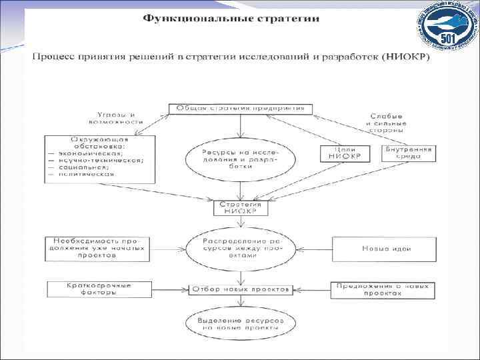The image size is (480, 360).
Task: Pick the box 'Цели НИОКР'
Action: coord(343,153)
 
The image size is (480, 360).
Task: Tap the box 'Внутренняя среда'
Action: coord(407,153)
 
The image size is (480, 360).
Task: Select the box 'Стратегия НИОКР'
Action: coord(240,209)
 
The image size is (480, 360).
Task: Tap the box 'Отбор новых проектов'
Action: coord(241,290)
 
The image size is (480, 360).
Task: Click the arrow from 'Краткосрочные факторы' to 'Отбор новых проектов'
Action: coord(167,290)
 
